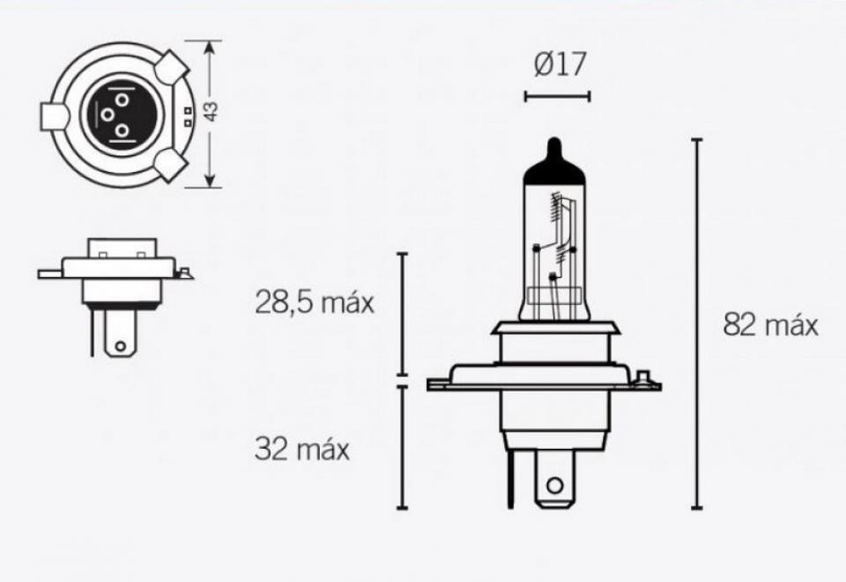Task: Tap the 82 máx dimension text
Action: pos(770,325)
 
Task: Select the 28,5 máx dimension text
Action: pos(315,303)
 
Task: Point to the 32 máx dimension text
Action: pos(302,450)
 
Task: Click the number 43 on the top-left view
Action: pos(211,112)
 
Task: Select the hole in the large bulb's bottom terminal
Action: pos(553,485)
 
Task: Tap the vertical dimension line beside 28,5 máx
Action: pos(402,314)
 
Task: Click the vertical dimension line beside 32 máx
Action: pos(402,447)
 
